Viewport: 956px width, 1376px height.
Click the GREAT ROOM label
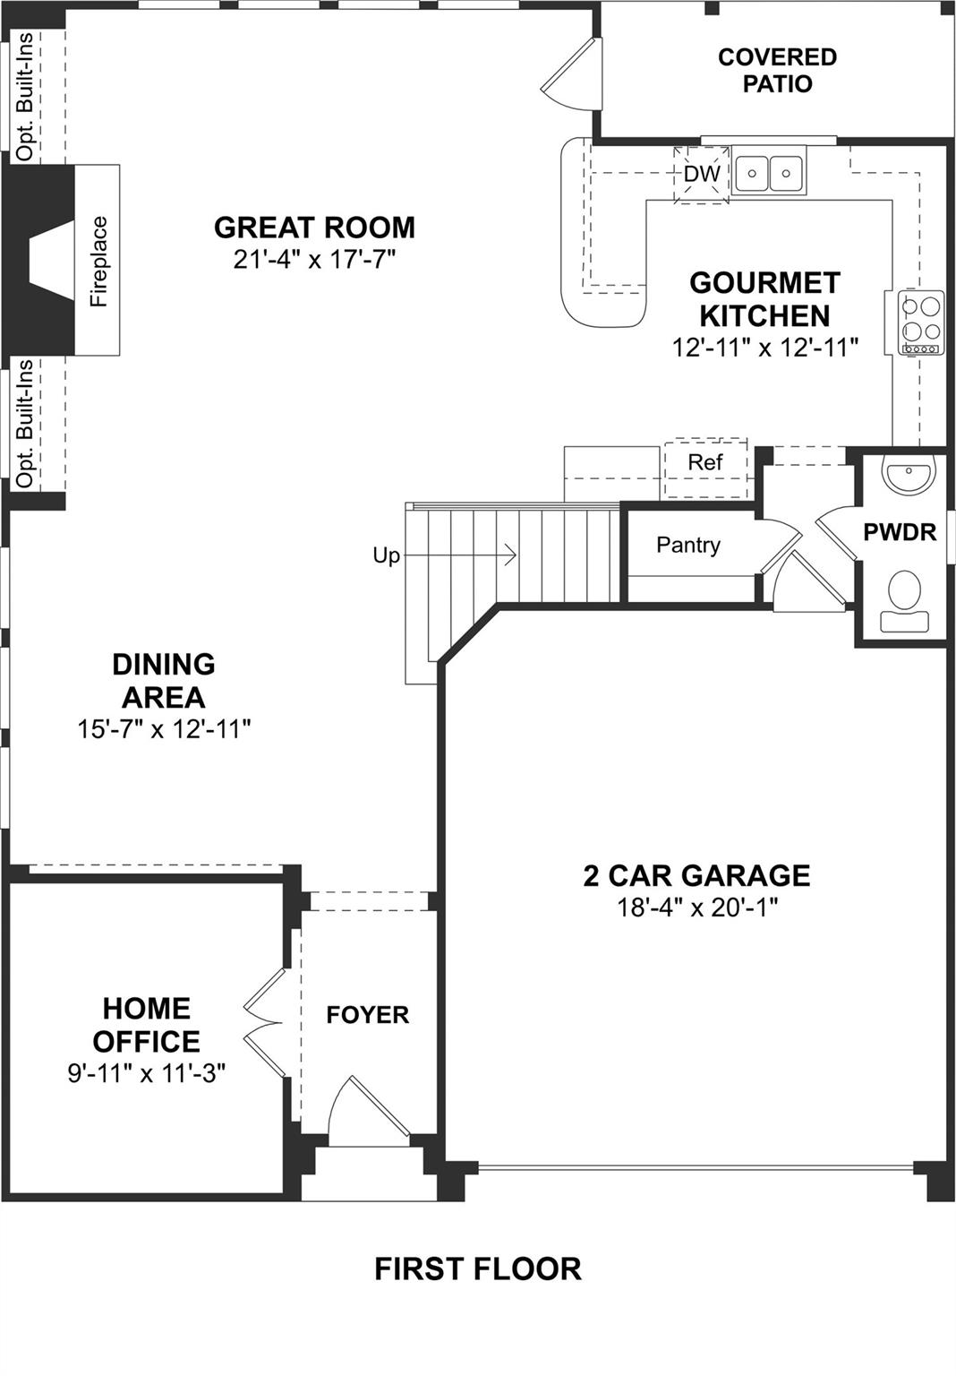314,228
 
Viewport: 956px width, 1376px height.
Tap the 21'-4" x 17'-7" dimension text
314,260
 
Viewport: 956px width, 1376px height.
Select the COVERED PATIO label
777,70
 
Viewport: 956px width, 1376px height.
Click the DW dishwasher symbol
702,174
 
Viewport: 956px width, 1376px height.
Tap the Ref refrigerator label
704,462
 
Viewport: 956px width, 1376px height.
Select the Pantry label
687,545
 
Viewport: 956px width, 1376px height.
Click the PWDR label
899,532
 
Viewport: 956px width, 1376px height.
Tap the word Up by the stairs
386,555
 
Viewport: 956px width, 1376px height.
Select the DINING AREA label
163,681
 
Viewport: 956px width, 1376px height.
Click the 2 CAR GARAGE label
696,875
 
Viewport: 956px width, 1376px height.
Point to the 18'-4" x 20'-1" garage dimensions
696,907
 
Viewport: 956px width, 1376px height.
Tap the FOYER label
367,1015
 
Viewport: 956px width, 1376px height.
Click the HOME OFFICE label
146,1025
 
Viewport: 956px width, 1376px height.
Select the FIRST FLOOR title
477,1268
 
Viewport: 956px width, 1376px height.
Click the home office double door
265,1022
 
